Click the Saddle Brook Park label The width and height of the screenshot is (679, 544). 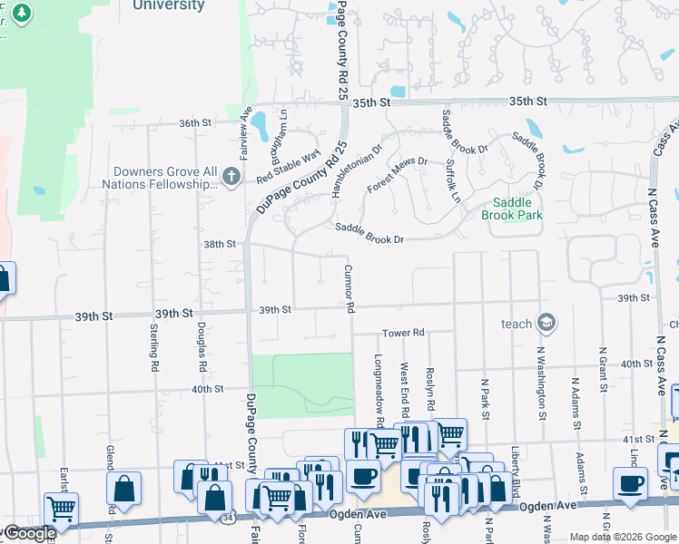[517, 209]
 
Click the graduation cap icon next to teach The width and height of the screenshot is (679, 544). [546, 323]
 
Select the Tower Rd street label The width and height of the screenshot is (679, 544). [403, 333]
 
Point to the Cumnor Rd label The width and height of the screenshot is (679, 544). [349, 288]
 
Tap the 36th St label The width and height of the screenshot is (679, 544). [194, 122]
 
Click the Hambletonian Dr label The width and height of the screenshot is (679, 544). [357, 170]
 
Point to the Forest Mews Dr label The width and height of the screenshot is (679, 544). [397, 174]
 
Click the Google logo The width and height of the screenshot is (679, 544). [29, 533]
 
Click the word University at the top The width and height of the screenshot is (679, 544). [168, 5]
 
